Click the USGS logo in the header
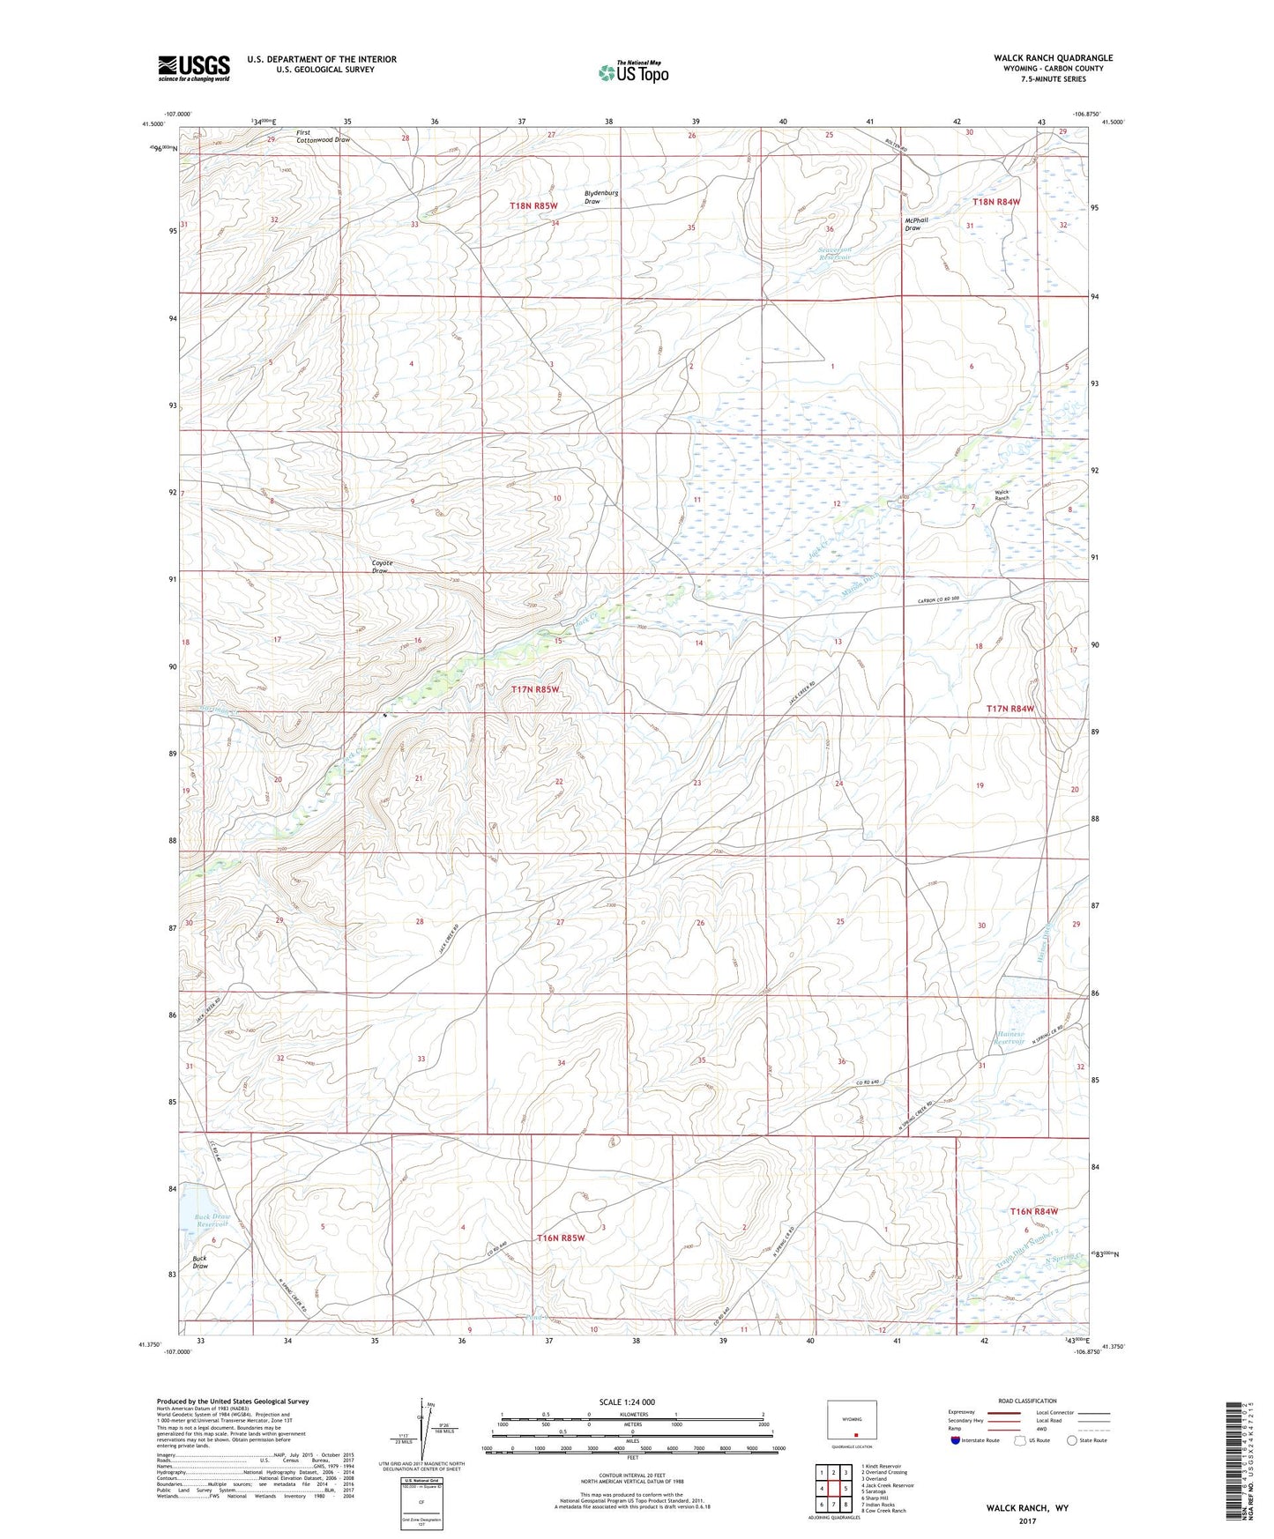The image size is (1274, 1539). coord(194,68)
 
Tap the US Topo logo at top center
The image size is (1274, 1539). coord(632,72)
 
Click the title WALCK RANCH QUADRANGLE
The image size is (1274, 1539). coord(1053,58)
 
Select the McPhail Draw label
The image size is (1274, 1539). coord(916,224)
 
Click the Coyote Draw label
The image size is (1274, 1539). coord(382,567)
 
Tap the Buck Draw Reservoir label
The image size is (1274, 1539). coord(212,1220)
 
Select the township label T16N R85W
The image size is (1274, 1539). coord(561,1238)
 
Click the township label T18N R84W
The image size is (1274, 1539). coord(995,202)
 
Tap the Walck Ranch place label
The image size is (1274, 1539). coord(1002,495)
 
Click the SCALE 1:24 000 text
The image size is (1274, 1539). coord(627,1401)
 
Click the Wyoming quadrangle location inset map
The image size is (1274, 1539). coord(852,1423)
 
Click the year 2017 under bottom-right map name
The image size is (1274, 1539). coord(1027,1520)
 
